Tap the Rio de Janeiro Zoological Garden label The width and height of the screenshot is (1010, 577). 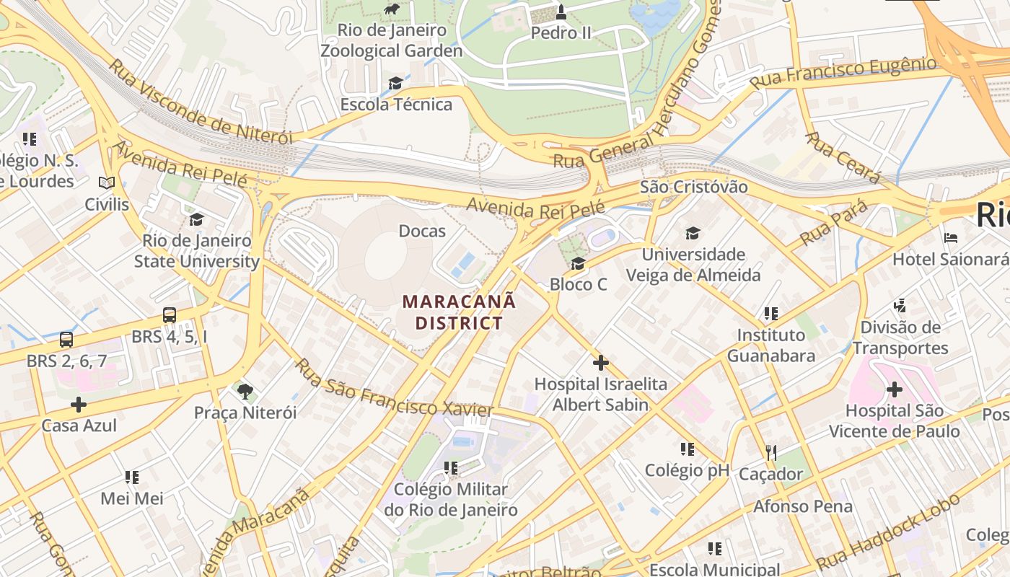click(392, 41)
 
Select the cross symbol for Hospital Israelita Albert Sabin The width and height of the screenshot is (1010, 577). click(600, 363)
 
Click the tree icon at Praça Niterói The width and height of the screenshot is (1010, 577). click(245, 392)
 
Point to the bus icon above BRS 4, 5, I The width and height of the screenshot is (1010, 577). click(170, 315)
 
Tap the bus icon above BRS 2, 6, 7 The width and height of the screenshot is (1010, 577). click(66, 339)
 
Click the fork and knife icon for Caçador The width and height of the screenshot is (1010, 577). click(771, 453)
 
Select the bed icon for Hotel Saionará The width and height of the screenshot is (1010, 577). click(951, 237)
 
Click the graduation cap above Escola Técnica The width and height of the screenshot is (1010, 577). click(395, 83)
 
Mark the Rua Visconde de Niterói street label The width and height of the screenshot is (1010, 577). click(201, 102)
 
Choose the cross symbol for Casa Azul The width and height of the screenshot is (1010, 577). click(79, 405)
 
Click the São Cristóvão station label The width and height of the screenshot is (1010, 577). click(694, 187)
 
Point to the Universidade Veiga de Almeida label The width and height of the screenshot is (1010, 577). click(693, 265)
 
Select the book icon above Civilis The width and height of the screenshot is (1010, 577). click(107, 183)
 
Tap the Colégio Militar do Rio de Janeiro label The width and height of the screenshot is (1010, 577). click(451, 500)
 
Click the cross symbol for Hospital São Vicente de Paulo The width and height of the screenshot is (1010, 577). click(895, 390)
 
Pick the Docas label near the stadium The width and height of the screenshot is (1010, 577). click(422, 232)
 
